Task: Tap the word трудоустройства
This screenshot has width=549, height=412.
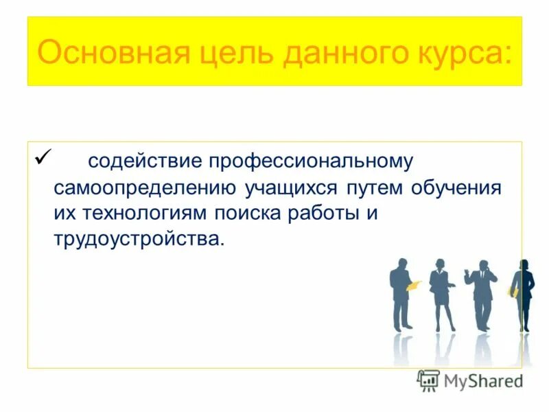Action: click(x=138, y=240)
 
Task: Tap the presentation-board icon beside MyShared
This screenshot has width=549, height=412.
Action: click(x=428, y=380)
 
